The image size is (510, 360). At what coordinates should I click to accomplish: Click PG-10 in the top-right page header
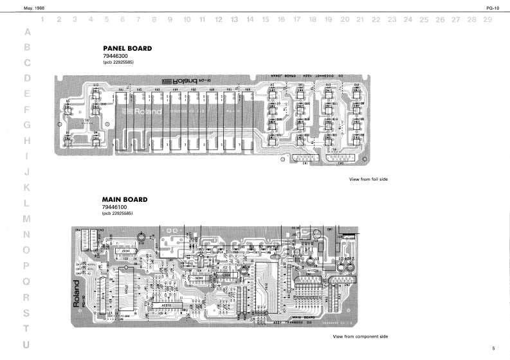495,6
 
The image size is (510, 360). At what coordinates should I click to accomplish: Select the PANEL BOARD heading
127,49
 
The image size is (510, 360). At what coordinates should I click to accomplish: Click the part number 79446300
115,56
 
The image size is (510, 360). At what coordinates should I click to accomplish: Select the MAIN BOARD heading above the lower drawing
125,199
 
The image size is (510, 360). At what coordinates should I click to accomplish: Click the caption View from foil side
367,179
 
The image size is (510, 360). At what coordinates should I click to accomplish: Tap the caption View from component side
360,337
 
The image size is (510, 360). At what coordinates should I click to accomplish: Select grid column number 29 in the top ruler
487,20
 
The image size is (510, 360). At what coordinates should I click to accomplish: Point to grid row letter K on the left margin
27,188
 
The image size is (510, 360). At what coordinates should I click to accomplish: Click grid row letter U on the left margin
27,345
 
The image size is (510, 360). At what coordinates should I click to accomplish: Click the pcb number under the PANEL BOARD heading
117,62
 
